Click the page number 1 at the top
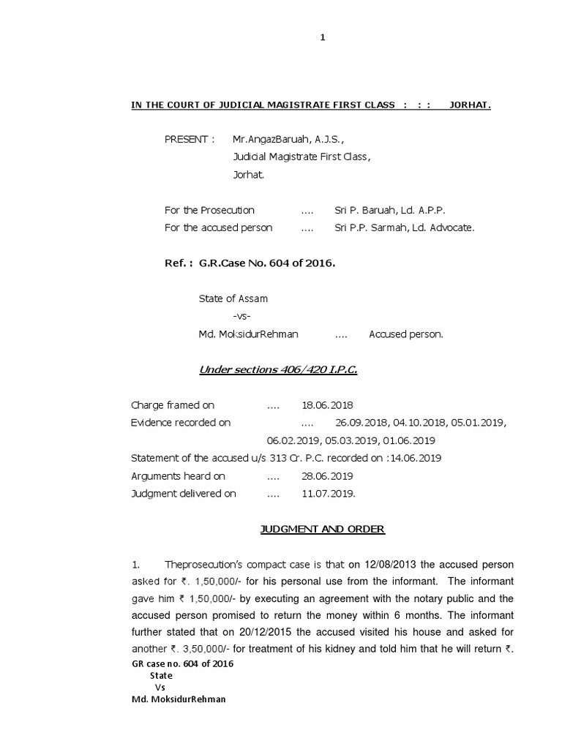point(322,38)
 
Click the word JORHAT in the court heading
point(470,105)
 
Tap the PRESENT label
point(189,139)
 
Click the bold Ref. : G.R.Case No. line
point(250,263)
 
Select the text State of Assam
point(233,298)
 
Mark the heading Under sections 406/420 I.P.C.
point(278,370)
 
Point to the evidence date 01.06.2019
point(410,440)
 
